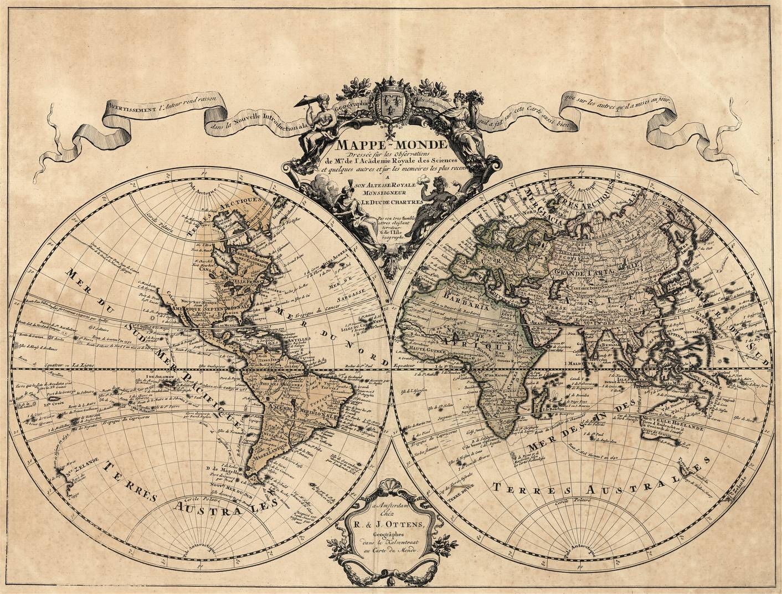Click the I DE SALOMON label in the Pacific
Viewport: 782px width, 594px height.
pyautogui.click(x=161, y=377)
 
